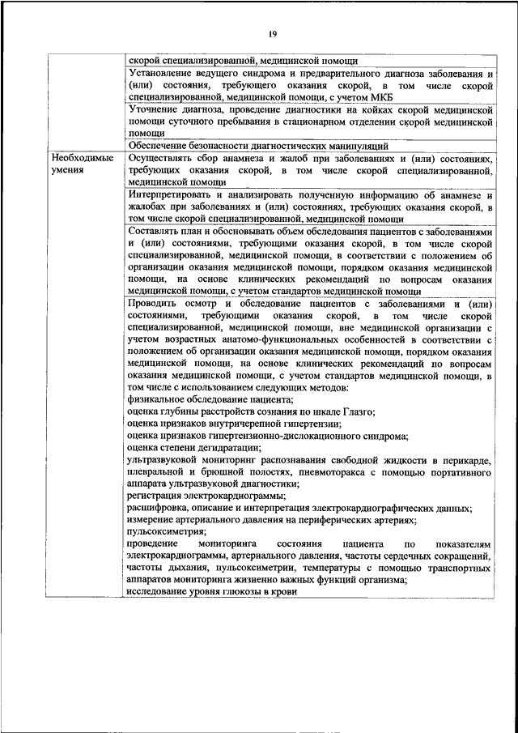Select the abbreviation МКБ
pyautogui.click(x=360, y=96)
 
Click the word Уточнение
pyautogui.click(x=155, y=109)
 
